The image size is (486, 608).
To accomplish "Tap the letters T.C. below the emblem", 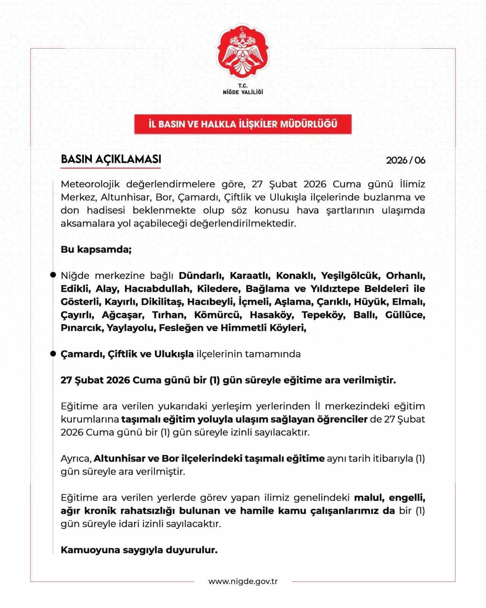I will tap(243, 86).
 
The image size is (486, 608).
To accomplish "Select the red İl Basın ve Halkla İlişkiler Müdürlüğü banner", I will tap(243, 124).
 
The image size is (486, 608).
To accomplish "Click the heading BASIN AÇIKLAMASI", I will tap(111, 159).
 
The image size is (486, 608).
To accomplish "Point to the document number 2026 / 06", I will tap(406, 160).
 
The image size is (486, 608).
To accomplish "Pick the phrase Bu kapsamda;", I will tap(96, 250).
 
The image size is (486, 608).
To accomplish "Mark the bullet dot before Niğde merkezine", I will tap(53, 275).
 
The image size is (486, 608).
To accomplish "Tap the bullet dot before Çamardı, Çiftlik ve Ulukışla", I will tap(53, 354).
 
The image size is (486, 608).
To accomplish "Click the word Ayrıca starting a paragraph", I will tap(76, 458).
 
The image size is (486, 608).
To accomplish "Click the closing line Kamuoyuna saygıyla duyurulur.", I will tap(139, 549).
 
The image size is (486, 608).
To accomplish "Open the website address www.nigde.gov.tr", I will tap(243, 581).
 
